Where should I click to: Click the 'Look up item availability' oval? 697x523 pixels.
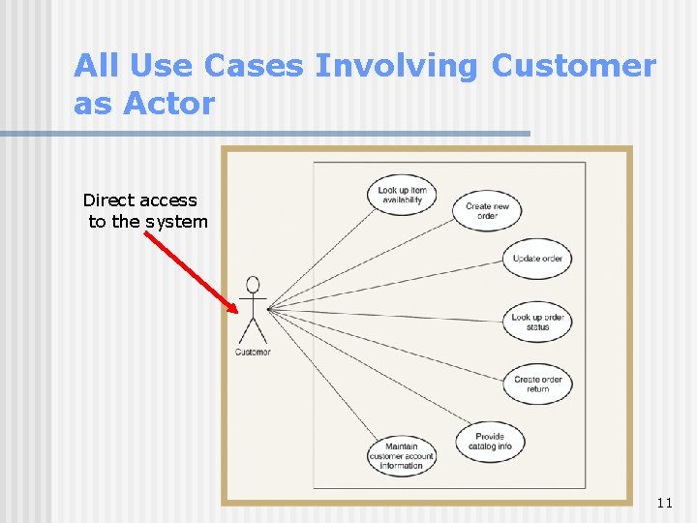pyautogui.click(x=402, y=195)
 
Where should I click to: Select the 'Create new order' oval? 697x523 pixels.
pyautogui.click(x=487, y=211)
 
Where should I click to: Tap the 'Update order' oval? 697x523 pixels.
pyautogui.click(x=537, y=259)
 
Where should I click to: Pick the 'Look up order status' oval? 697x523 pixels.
pyautogui.click(x=537, y=323)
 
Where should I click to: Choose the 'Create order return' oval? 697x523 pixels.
pyautogui.click(x=537, y=385)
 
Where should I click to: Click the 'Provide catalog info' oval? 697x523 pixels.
pyautogui.click(x=490, y=442)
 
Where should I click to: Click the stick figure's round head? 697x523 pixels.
pyautogui.click(x=253, y=285)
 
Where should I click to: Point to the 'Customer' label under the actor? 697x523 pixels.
pyautogui.click(x=253, y=352)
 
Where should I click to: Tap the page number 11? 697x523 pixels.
pyautogui.click(x=664, y=503)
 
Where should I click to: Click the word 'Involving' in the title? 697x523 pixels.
pyautogui.click(x=397, y=66)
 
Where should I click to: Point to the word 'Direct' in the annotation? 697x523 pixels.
pyautogui.click(x=108, y=200)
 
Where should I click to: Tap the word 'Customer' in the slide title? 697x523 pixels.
pyautogui.click(x=573, y=66)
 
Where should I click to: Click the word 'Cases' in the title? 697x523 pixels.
pyautogui.click(x=253, y=66)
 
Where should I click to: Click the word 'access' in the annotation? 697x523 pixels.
pyautogui.click(x=167, y=200)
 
